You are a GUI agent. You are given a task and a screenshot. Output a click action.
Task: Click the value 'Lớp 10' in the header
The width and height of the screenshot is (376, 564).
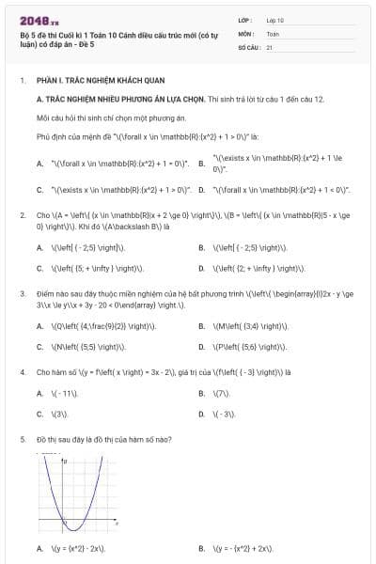click(275, 19)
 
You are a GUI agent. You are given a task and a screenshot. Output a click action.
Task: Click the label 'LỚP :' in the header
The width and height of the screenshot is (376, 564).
click(246, 19)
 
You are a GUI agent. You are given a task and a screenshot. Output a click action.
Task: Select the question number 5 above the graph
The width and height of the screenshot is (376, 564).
click(23, 439)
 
